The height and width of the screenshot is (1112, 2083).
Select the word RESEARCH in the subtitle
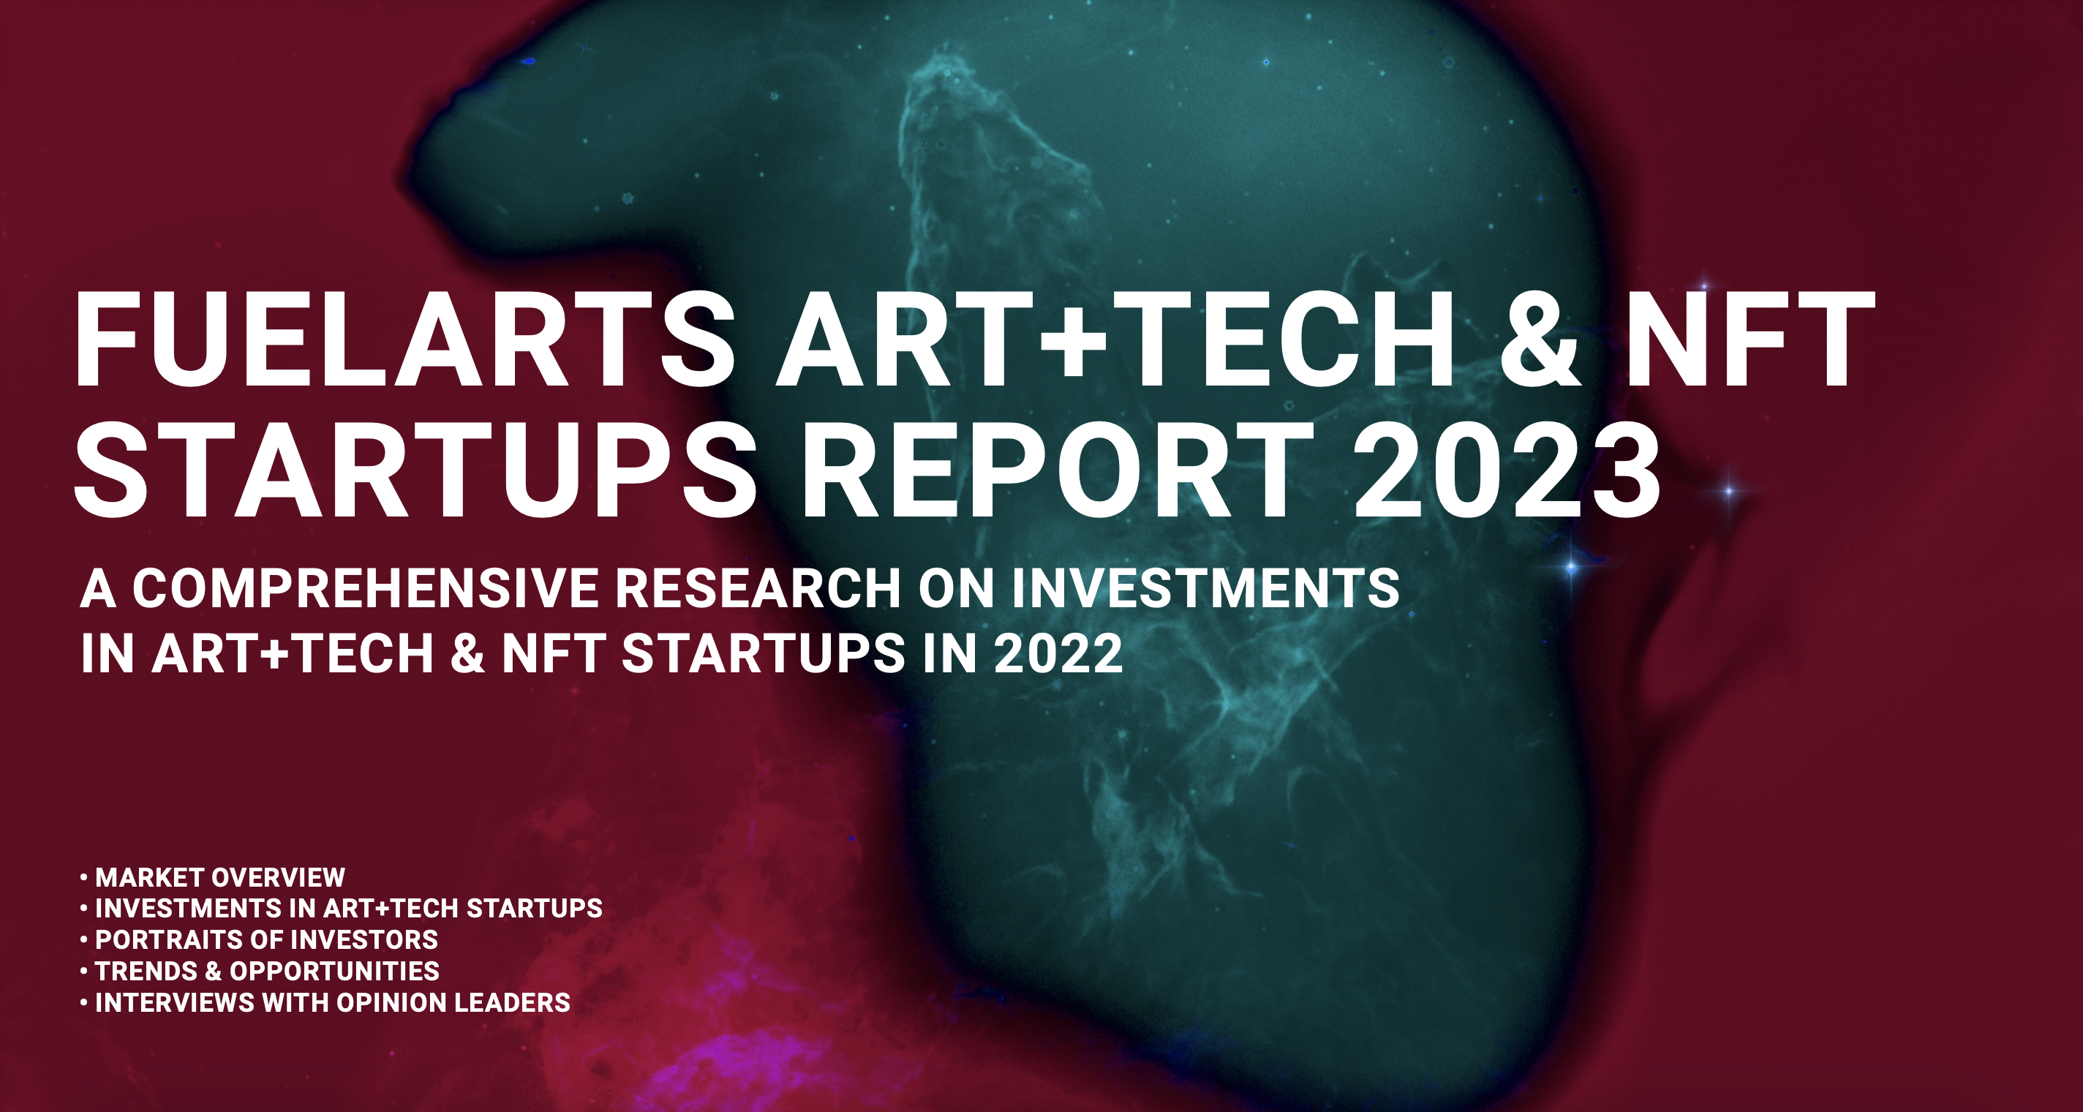pyautogui.click(x=758, y=588)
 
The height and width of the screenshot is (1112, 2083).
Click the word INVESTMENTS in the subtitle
pyautogui.click(x=1205, y=588)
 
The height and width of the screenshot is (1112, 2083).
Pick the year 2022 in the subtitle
pyautogui.click(x=1058, y=653)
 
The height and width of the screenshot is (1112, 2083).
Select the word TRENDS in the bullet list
pyautogui.click(x=146, y=971)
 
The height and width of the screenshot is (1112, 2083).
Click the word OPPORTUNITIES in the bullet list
pyautogui.click(x=335, y=971)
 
